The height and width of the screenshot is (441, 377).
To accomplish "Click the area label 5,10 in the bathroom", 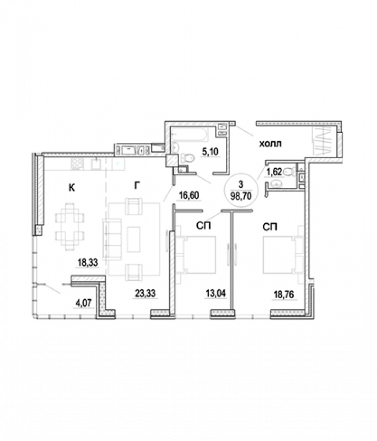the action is click(211, 152).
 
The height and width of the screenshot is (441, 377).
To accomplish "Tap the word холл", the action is click(270, 144).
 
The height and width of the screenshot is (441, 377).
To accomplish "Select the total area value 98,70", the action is click(241, 196).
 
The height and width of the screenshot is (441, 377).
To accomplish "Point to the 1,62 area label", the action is click(274, 172).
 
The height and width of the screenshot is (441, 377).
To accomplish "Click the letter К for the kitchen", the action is click(72, 187).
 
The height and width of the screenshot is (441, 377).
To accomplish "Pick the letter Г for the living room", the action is click(137, 185).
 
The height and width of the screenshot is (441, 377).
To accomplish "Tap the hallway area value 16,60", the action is click(189, 195).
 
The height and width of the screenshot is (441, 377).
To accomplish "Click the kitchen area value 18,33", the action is click(88, 262).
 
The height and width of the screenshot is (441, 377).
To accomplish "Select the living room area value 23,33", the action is click(145, 293).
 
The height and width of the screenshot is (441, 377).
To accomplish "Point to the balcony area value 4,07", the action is click(83, 304).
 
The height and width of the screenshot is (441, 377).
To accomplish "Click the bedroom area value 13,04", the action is click(216, 293).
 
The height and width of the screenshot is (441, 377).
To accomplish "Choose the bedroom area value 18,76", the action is click(284, 294).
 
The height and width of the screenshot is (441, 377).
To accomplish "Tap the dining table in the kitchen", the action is click(69, 227).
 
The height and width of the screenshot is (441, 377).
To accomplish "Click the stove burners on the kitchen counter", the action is click(77, 164).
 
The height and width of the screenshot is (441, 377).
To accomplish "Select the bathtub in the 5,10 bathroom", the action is click(190, 135).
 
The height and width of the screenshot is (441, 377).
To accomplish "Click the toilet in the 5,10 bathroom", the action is click(187, 158).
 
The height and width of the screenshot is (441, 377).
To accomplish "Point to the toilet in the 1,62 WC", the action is click(290, 171).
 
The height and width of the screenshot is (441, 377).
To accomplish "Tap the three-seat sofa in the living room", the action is click(112, 239).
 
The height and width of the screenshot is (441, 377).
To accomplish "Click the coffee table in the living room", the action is click(133, 239).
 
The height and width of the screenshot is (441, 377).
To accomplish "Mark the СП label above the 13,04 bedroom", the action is click(203, 225).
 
